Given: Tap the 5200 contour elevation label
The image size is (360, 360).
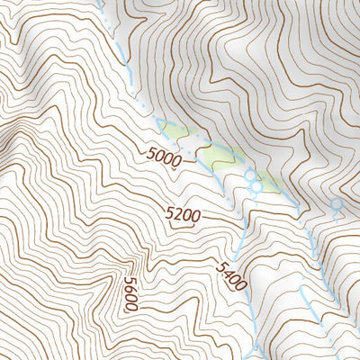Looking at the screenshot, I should tap(183, 214).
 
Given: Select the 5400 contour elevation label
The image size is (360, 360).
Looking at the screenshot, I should tap(230, 275).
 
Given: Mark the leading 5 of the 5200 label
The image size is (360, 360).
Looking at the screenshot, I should tap(170, 212).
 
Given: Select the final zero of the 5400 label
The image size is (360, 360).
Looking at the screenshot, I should tap(240, 286).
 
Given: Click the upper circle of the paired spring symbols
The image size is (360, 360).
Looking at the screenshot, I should tap(250, 176).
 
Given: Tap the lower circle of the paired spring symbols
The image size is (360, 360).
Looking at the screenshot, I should tap(256, 188).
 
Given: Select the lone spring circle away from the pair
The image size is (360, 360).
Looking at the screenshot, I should tap(337, 205).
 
